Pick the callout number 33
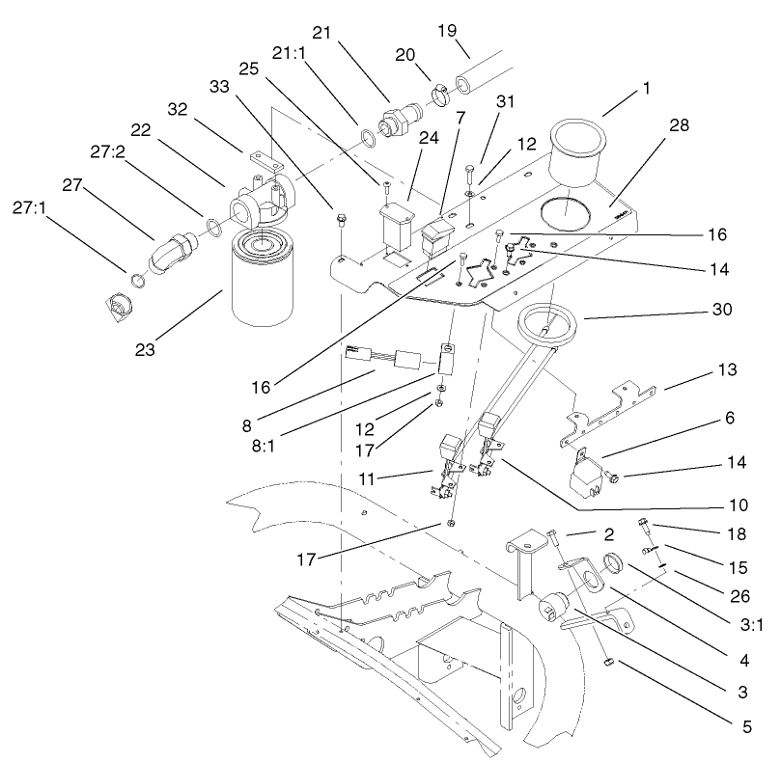click(220, 86)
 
